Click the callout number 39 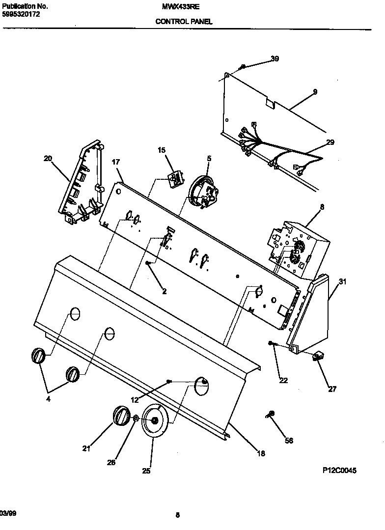tap(275, 59)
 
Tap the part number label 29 tap(330, 142)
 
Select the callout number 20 tap(48, 158)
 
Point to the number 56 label tap(289, 441)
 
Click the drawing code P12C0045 tap(339, 471)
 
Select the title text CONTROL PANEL tap(184, 22)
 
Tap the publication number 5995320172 tap(20, 14)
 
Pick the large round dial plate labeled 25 tap(154, 420)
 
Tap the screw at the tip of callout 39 tap(243, 66)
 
